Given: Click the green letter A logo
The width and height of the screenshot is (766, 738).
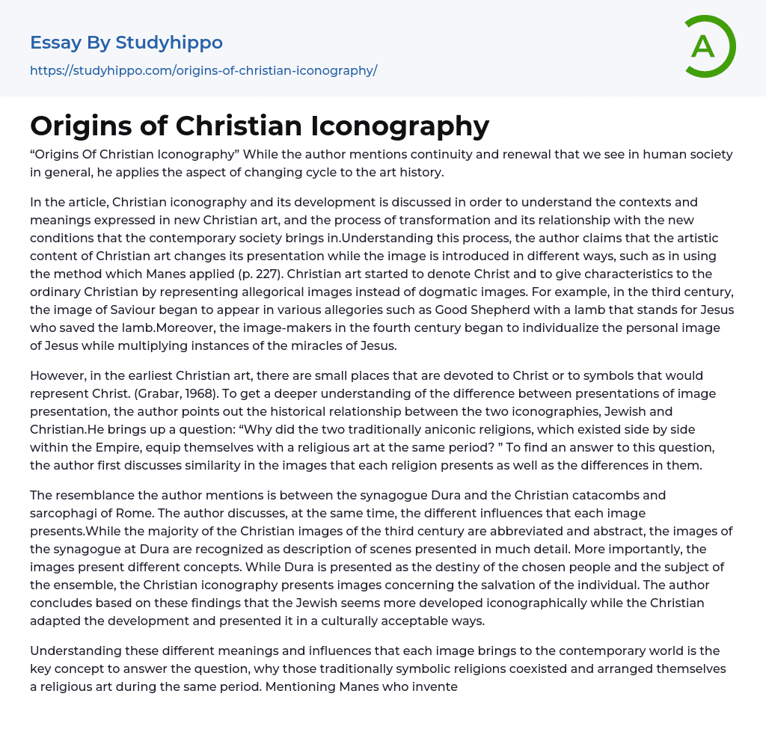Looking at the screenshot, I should [706, 46].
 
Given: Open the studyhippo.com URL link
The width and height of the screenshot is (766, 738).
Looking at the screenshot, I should [203, 70].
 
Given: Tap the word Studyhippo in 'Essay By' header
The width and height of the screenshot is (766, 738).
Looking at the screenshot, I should [169, 43].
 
